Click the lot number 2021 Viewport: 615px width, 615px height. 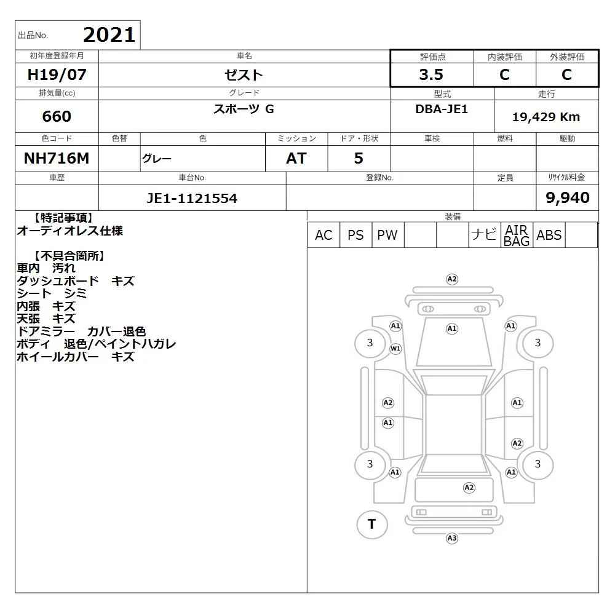coord(109,35)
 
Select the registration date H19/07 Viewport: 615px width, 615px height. coord(57,74)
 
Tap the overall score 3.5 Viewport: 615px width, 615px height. coord(431,74)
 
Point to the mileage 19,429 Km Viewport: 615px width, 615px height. coord(546,116)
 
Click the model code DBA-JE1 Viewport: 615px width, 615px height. coord(442,109)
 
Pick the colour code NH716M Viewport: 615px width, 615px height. coord(57,158)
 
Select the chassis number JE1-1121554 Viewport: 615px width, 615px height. coord(192,198)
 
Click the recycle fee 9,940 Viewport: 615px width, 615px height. coord(568,197)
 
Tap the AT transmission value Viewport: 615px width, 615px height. coord(296,159)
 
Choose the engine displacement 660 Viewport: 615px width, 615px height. coord(57,116)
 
